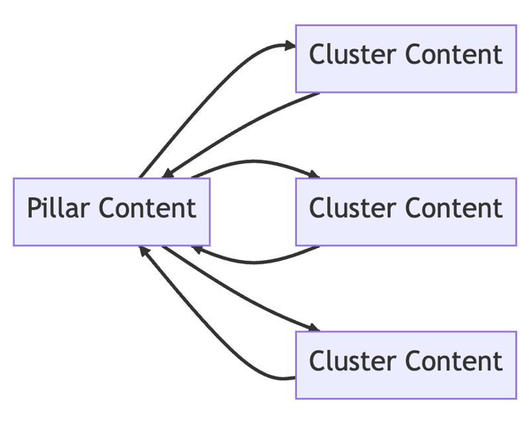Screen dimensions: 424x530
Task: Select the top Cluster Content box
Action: pyautogui.click(x=405, y=58)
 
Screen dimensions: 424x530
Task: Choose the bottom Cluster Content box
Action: pyautogui.click(x=405, y=364)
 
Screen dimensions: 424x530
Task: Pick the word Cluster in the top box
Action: pyautogui.click(x=352, y=55)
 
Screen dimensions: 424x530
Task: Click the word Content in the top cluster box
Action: pyautogui.click(x=454, y=55)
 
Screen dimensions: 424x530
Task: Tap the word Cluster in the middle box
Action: pyautogui.click(x=352, y=208)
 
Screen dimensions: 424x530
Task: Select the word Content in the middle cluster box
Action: pyautogui.click(x=454, y=208)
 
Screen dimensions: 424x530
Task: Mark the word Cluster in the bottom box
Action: pyautogui.click(x=352, y=362)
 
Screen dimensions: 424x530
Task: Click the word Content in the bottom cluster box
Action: pyautogui.click(x=454, y=362)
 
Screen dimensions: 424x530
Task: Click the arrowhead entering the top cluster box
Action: pyautogui.click(x=290, y=45)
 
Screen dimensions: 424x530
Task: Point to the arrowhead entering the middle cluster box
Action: pyautogui.click(x=313, y=175)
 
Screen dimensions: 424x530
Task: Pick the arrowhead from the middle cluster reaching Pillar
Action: pyautogui.click(x=197, y=249)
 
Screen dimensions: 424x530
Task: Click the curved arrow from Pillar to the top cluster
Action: pyautogui.click(x=199, y=93)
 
